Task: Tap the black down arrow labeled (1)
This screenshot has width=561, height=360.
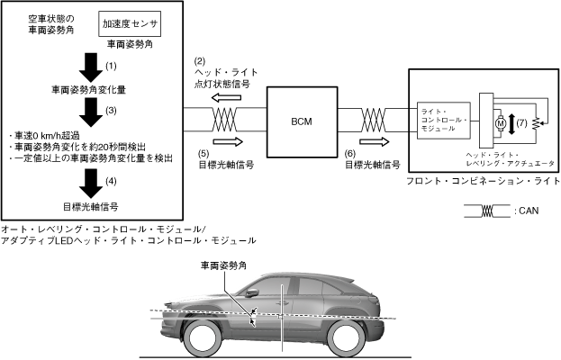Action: click(89, 67)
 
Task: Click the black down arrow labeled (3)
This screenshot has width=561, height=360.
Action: click(89, 112)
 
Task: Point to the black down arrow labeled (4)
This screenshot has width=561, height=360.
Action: click(89, 182)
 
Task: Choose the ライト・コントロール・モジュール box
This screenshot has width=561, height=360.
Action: click(446, 119)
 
